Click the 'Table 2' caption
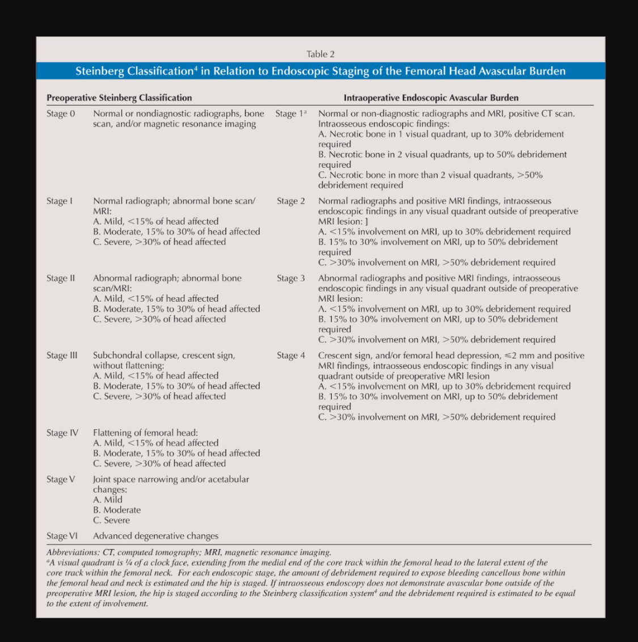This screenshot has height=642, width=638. pyautogui.click(x=320, y=54)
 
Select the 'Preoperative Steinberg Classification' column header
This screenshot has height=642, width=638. pyautogui.click(x=119, y=98)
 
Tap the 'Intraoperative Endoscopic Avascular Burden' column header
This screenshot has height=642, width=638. pyautogui.click(x=431, y=98)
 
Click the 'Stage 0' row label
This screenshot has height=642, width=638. pyautogui.click(x=61, y=113)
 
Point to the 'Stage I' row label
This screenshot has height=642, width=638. pyautogui.click(x=60, y=201)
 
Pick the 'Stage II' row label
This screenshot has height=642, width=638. pyautogui.click(x=61, y=278)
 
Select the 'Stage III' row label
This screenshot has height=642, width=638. pyautogui.click(x=62, y=355)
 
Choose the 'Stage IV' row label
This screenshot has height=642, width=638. pyautogui.click(x=62, y=433)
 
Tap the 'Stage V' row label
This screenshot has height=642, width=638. pyautogui.click(x=61, y=479)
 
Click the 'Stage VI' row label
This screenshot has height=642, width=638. pyautogui.click(x=62, y=535)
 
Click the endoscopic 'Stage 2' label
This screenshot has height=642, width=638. pyautogui.click(x=291, y=201)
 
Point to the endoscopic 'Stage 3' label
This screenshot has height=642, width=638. pyautogui.click(x=291, y=278)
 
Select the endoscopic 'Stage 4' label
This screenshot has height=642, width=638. pyautogui.click(x=291, y=355)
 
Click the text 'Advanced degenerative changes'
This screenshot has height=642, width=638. pyautogui.click(x=155, y=535)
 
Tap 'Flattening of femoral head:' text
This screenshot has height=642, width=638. pyautogui.click(x=145, y=433)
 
